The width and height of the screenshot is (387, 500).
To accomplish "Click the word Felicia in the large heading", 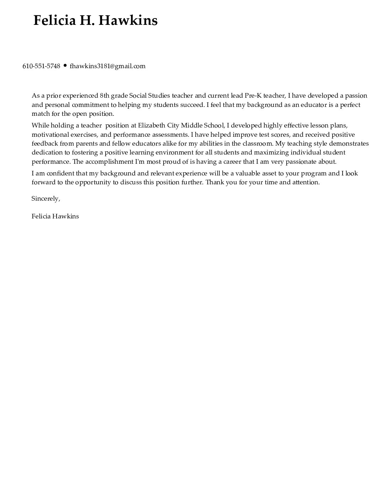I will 54,21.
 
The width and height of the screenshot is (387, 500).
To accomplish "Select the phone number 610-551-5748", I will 41,66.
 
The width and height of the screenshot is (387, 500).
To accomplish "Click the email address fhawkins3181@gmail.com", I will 107,66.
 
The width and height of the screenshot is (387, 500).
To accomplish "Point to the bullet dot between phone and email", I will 65,66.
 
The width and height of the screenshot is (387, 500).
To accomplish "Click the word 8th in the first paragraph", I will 105,96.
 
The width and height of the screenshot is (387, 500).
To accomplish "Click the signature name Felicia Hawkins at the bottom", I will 55,216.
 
